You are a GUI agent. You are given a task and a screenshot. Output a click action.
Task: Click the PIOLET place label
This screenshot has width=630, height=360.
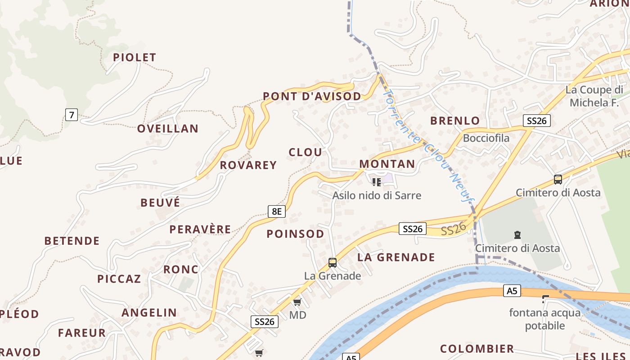pyautogui.click(x=134, y=57)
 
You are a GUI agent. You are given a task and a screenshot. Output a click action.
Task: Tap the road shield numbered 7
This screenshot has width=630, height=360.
pyautogui.click(x=71, y=115)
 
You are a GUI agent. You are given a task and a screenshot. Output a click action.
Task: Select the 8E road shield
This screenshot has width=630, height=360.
pyautogui.click(x=277, y=211)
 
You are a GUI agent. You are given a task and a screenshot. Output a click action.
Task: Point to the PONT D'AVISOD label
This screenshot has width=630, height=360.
pyautogui.click(x=312, y=96)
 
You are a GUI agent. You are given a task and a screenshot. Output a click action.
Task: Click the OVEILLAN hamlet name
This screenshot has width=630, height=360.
pyautogui.click(x=167, y=129)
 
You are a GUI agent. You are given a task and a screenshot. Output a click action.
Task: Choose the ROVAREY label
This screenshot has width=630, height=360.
pyautogui.click(x=248, y=165)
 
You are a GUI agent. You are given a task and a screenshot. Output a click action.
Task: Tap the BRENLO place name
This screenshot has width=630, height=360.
pyautogui.click(x=455, y=121)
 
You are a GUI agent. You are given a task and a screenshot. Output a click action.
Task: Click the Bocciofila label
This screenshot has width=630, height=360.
pyautogui.click(x=486, y=138)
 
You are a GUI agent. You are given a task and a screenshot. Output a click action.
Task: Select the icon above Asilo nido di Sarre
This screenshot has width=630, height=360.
pyautogui.click(x=377, y=182)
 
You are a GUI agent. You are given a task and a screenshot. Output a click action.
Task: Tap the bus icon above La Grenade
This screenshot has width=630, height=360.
pyautogui.click(x=333, y=263)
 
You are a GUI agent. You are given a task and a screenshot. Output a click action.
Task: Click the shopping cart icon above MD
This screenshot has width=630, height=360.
pyautogui.click(x=297, y=301)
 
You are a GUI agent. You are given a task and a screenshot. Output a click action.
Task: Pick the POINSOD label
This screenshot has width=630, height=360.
pyautogui.click(x=295, y=234)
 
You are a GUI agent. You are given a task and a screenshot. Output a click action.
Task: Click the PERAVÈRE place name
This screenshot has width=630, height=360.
pyautogui.click(x=200, y=229)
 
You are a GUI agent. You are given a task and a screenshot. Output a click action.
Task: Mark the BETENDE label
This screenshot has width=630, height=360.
pyautogui.click(x=72, y=241)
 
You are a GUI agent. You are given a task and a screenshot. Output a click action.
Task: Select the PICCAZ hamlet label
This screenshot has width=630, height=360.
pyautogui.click(x=119, y=279)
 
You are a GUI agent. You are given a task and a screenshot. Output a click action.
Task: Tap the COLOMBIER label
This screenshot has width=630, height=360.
pyautogui.click(x=477, y=349)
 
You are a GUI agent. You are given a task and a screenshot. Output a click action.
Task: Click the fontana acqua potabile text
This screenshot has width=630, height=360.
pyautogui.click(x=544, y=319)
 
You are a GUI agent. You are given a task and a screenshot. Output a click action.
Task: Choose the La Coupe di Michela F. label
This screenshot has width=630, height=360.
pyautogui.click(x=594, y=96)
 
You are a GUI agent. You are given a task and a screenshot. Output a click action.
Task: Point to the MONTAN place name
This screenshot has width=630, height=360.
pyautogui.click(x=387, y=164)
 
